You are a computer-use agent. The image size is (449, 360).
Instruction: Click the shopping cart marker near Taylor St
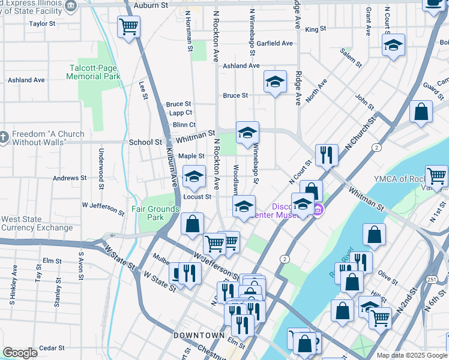[128, 26]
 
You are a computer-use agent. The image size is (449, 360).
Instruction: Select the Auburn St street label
[151, 5]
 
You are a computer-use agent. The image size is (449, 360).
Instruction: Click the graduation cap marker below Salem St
[393, 45]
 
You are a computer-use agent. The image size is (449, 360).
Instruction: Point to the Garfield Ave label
[274, 44]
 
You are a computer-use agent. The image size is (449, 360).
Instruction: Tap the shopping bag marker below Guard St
[421, 112]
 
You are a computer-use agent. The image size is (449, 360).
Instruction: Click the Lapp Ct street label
[180, 113]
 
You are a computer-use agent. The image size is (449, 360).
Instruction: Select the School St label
[145, 143]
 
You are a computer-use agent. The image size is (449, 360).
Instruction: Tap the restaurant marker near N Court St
[326, 154]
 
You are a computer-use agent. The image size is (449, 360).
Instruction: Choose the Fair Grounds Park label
[155, 213]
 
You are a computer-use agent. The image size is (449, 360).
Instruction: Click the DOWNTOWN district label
[199, 335]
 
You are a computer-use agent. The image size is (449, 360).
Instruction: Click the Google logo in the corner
[20, 353]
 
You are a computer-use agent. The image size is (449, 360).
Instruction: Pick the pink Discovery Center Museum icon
[318, 209]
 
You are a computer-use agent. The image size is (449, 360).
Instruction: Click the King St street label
[315, 29]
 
